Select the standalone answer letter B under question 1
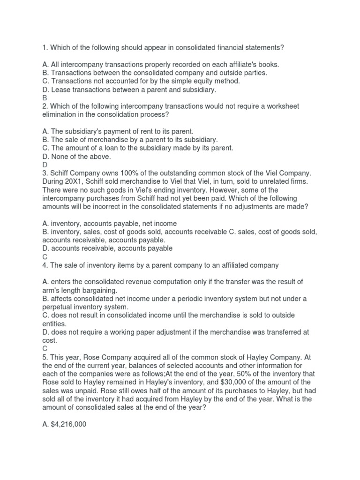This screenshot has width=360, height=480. pyautogui.click(x=45, y=98)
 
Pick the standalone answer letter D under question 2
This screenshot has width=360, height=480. pyautogui.click(x=45, y=165)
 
